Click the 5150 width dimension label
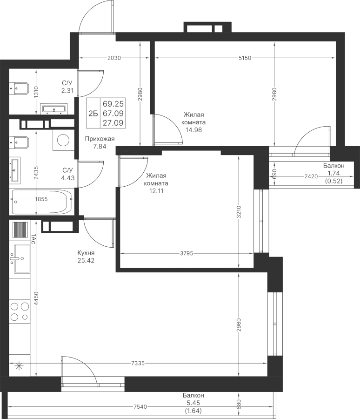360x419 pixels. [245, 58]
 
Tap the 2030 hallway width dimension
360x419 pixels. [114, 58]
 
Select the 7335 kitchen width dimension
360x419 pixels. [138, 363]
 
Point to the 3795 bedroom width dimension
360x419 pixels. [186, 253]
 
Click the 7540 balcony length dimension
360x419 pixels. [140, 407]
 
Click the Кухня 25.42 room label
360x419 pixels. [87, 257]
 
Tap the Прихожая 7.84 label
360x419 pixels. [99, 142]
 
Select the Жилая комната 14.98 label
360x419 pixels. [194, 122]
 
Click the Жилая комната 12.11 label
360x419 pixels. [157, 180]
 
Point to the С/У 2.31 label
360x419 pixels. [67, 87]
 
